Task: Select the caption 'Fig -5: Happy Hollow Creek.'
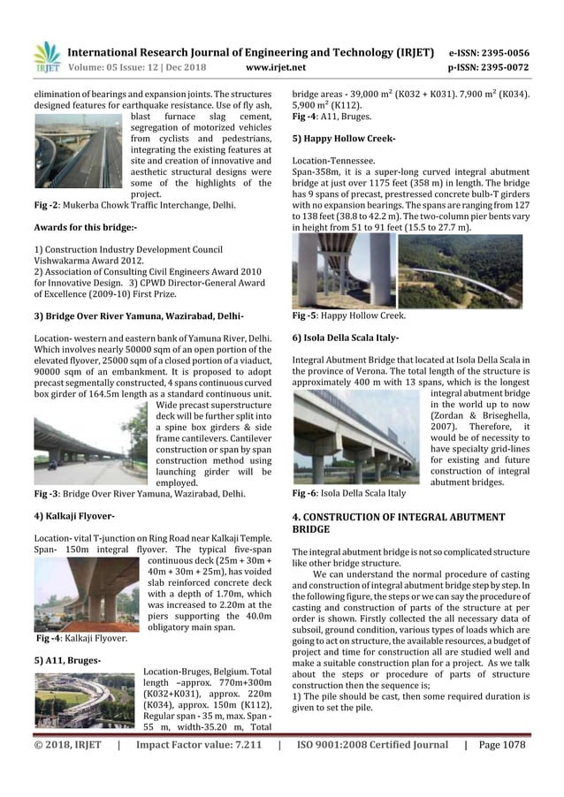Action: point(349,315)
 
